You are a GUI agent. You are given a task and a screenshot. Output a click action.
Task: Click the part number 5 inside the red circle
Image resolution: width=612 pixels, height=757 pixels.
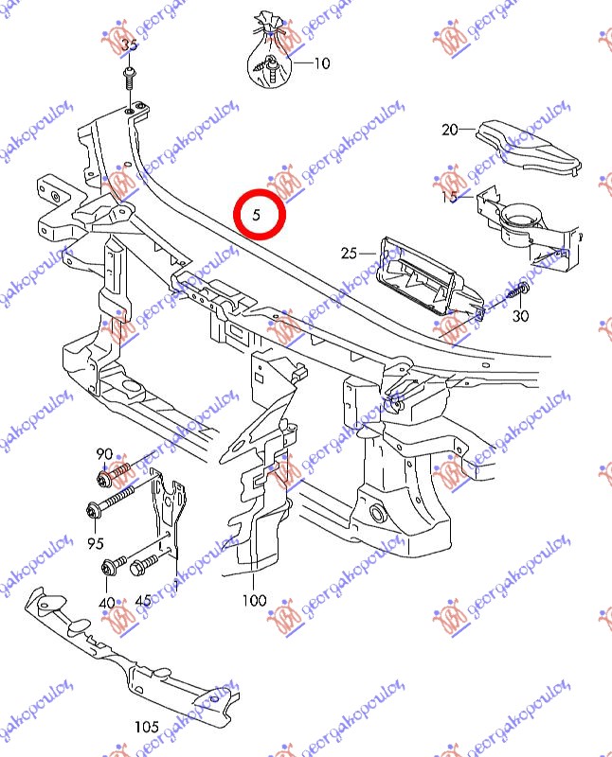256,214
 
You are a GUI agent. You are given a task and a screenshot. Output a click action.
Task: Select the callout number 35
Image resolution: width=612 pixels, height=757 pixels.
129,44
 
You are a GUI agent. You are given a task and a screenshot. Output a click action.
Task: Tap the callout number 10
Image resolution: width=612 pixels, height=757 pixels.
322,62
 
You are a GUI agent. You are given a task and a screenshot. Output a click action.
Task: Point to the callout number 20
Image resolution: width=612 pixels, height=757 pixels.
450,130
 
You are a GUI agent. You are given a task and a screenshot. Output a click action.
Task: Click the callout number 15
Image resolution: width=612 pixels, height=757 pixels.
450,197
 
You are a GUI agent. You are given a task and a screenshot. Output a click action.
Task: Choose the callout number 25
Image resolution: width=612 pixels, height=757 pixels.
349,253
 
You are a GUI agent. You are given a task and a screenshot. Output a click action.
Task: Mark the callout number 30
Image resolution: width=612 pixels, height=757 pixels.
521,316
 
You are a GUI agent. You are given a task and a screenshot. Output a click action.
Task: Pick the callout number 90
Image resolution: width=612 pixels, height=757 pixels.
104,454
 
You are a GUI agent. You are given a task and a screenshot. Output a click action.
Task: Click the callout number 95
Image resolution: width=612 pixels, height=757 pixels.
96,543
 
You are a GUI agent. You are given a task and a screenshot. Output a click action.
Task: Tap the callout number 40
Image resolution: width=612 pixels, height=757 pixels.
107,603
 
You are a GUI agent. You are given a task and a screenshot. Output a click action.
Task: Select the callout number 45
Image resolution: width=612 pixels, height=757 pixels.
143,600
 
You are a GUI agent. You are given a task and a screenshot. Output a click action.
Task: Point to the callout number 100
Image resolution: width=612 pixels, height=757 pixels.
254,600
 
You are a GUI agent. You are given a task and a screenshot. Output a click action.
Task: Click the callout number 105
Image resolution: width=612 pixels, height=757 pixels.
147,726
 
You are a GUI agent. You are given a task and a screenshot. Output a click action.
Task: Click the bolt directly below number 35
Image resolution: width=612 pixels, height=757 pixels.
130,79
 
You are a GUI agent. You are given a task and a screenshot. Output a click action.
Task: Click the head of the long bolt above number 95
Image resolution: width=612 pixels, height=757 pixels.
93,511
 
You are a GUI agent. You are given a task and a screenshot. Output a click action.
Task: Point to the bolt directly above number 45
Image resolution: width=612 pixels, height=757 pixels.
144,565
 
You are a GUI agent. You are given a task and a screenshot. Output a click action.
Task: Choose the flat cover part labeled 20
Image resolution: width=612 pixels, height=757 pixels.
529,147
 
